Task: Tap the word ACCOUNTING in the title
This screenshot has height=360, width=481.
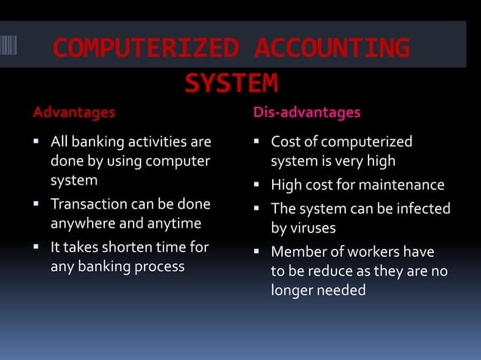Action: pyautogui.click(x=332, y=48)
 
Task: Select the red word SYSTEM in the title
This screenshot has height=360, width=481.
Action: pyautogui.click(x=231, y=83)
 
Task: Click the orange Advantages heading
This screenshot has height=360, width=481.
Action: pyautogui.click(x=74, y=113)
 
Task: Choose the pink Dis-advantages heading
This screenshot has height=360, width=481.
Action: pyautogui.click(x=306, y=113)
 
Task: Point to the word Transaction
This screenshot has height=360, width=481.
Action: pyautogui.click(x=84, y=204)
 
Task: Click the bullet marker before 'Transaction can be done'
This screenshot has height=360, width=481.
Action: pyautogui.click(x=37, y=204)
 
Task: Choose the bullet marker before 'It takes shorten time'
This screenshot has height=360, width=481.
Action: pyautogui.click(x=37, y=246)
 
